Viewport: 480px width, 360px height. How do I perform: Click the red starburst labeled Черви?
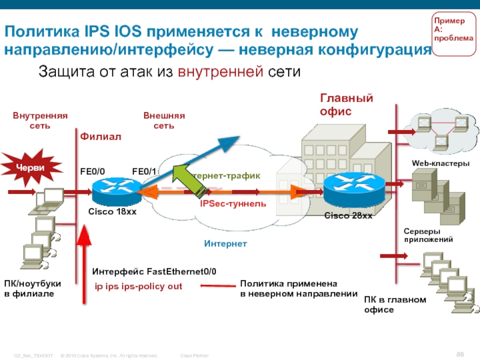pos(30,167)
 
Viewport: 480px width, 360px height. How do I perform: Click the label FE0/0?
pos(93,172)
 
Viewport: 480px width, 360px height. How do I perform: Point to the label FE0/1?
pos(144,172)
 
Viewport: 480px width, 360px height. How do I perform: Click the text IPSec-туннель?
pos(233,204)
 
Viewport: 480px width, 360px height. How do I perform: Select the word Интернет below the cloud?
pos(225,244)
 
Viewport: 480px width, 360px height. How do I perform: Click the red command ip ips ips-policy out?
pos(139,286)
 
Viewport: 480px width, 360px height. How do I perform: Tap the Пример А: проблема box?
pos(454,32)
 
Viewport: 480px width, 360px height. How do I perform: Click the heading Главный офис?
pos(346,104)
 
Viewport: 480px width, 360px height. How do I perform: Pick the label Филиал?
pos(101,137)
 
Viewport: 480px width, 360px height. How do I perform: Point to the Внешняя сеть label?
pos(164,121)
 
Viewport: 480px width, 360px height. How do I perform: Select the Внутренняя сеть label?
pos(40,121)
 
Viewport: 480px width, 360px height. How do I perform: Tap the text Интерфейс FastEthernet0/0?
pos(154,272)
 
